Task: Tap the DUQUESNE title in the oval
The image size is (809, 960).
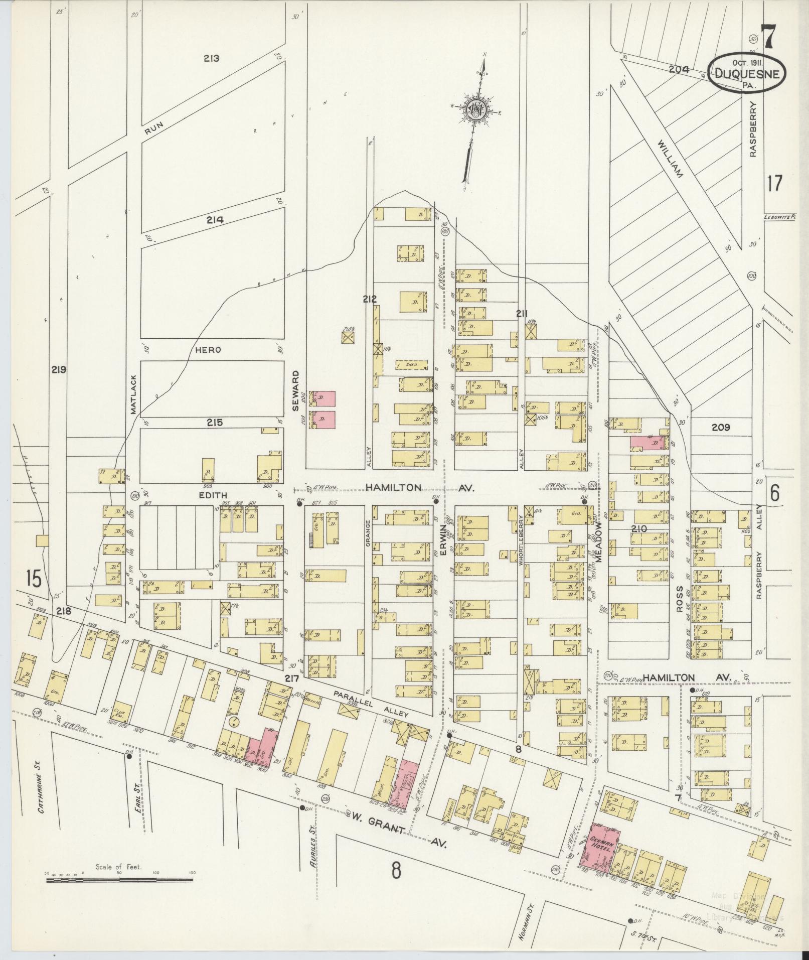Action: click(x=747, y=74)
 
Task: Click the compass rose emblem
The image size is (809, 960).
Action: click(x=475, y=111)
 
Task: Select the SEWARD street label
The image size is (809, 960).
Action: click(x=296, y=391)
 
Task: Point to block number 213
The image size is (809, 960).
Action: click(x=212, y=58)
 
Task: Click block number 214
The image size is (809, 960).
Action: click(x=214, y=220)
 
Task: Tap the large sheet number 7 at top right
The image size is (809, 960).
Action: click(x=767, y=38)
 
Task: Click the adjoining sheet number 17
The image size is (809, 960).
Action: click(x=774, y=183)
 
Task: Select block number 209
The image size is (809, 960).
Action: click(x=720, y=428)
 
